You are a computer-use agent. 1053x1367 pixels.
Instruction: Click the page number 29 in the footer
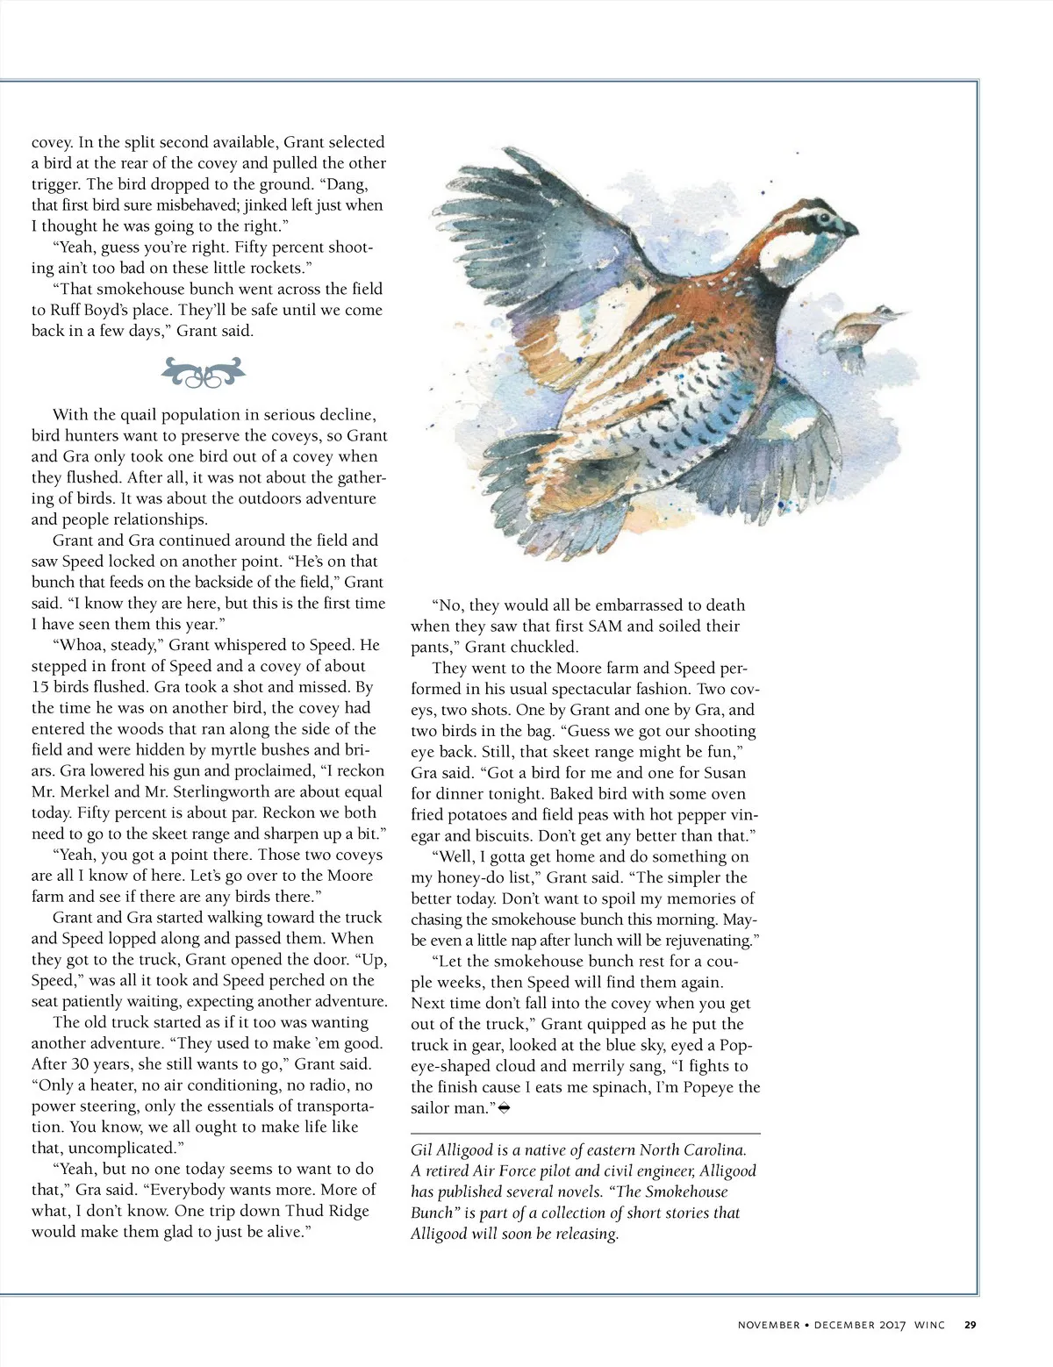pos(970,1325)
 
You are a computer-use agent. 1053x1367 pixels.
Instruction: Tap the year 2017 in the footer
pos(891,1325)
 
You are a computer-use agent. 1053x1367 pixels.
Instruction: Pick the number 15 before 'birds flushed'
pos(41,687)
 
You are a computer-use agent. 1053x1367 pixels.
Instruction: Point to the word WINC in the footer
pos(929,1325)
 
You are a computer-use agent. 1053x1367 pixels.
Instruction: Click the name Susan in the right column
pos(725,772)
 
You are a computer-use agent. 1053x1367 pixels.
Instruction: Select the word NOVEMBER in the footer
pos(768,1325)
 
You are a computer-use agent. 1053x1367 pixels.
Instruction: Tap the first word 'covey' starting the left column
pos(52,142)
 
